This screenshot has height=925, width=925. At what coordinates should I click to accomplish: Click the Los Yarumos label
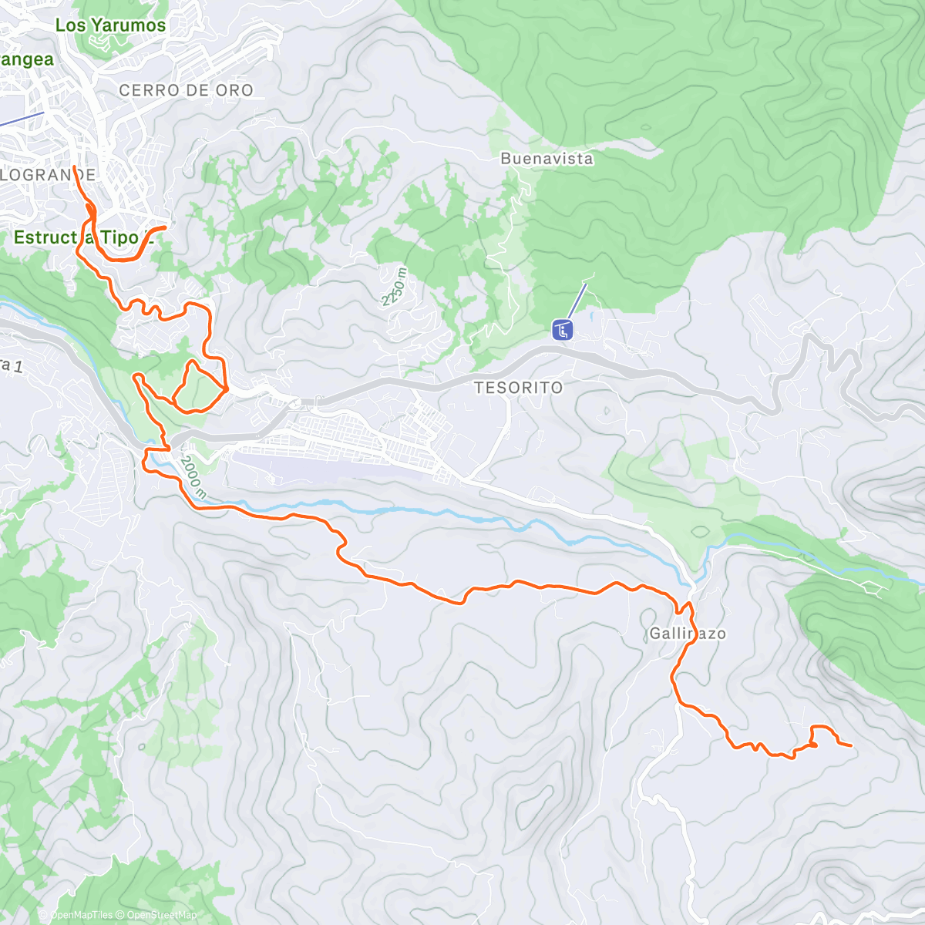110,25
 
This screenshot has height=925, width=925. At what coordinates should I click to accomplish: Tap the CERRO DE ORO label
186,90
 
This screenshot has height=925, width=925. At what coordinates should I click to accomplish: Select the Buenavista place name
547,159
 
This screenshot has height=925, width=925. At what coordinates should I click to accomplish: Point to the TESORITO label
519,387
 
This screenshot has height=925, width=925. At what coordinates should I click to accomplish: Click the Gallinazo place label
688,634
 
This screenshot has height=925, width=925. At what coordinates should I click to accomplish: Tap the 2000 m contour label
192,479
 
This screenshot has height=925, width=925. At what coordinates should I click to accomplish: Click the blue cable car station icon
563,331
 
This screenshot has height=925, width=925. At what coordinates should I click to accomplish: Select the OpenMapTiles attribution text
81,915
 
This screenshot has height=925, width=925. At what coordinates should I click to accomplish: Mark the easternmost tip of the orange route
850,745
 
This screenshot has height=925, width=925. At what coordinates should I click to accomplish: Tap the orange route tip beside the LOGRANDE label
74,167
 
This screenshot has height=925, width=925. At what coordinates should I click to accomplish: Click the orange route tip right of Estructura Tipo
165,227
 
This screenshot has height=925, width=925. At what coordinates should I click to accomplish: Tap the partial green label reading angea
27,60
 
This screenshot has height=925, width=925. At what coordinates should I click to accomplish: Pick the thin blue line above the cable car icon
577,301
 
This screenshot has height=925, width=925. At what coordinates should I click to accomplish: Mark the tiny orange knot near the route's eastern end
812,745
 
